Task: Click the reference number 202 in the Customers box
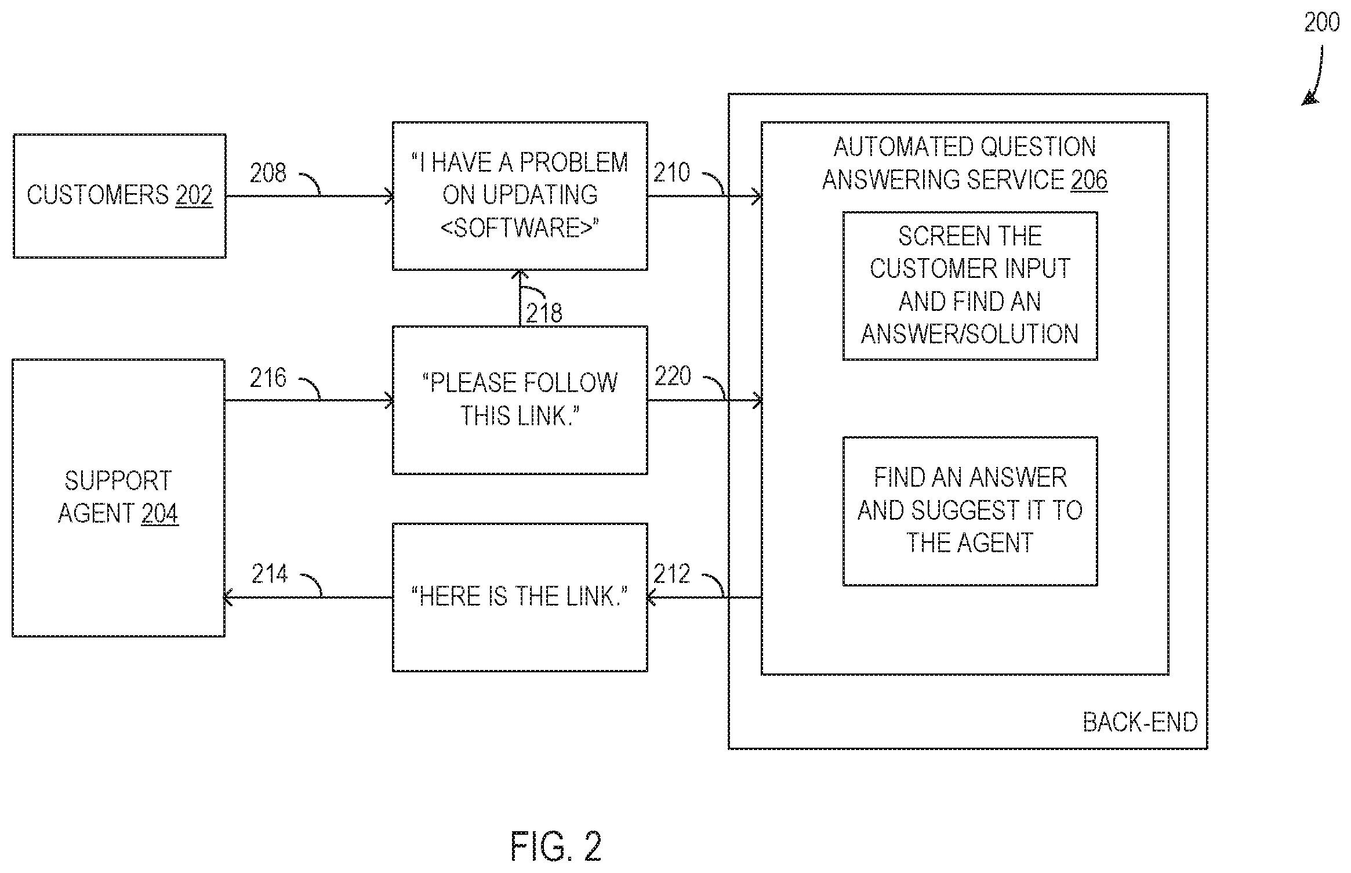click(x=194, y=195)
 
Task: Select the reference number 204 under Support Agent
click(x=159, y=513)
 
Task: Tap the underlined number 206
click(x=1089, y=179)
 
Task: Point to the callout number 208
click(x=268, y=173)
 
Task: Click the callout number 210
click(x=672, y=172)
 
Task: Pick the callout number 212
click(x=672, y=574)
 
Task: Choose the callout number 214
click(x=270, y=574)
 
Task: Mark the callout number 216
click(x=268, y=378)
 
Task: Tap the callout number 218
click(x=544, y=313)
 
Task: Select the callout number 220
click(x=673, y=376)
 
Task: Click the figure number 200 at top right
click(x=1322, y=22)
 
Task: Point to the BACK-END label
click(x=1141, y=722)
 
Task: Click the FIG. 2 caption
click(x=556, y=846)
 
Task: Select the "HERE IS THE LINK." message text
click(x=520, y=596)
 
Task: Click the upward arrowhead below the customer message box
click(x=520, y=276)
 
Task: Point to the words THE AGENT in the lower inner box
click(x=970, y=543)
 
